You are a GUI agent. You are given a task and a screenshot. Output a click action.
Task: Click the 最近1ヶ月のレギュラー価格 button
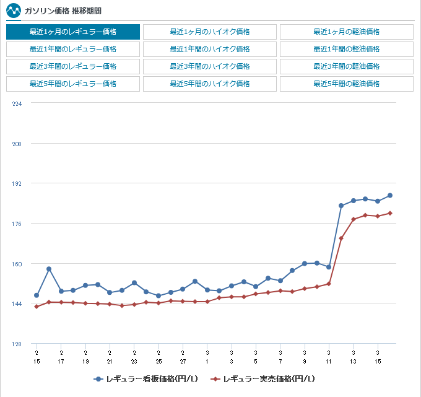pos(73,32)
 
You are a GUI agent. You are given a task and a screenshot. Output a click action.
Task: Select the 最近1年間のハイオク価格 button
pos(210,49)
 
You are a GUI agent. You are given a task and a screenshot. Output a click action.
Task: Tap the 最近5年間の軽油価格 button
pos(347,84)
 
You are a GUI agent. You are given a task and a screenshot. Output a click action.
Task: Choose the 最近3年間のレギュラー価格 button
pos(73,66)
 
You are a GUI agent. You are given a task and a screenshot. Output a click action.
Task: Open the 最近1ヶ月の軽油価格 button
pos(347,32)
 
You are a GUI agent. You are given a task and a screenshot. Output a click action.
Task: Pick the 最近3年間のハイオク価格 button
pos(210,66)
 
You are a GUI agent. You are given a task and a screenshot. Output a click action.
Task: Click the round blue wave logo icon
pos(14,11)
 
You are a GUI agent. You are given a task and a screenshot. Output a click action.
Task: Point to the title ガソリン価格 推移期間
pos(63,11)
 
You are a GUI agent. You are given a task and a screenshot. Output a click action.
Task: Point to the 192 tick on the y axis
pos(17,184)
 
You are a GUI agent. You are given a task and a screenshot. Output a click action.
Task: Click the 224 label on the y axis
pos(17,103)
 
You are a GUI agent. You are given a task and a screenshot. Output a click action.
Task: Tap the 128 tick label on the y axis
pos(17,344)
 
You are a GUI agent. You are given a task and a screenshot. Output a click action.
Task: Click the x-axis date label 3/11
pos(329,357)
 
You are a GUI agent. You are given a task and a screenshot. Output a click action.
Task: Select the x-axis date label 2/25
pos(158,357)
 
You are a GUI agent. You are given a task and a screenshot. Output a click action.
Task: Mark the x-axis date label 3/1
pos(207,357)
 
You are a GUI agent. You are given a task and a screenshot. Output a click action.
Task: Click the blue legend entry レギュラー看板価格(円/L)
pos(145,379)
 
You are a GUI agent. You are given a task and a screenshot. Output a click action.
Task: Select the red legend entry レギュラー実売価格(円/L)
pos(263,379)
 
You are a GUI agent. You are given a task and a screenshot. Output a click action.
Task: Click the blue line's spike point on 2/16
pos(49,269)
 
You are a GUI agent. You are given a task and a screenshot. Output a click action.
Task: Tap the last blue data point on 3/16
pos(390,196)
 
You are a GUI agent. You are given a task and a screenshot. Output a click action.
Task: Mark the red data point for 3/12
pos(341,238)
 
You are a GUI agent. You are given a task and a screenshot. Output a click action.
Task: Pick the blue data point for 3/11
pos(329,267)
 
